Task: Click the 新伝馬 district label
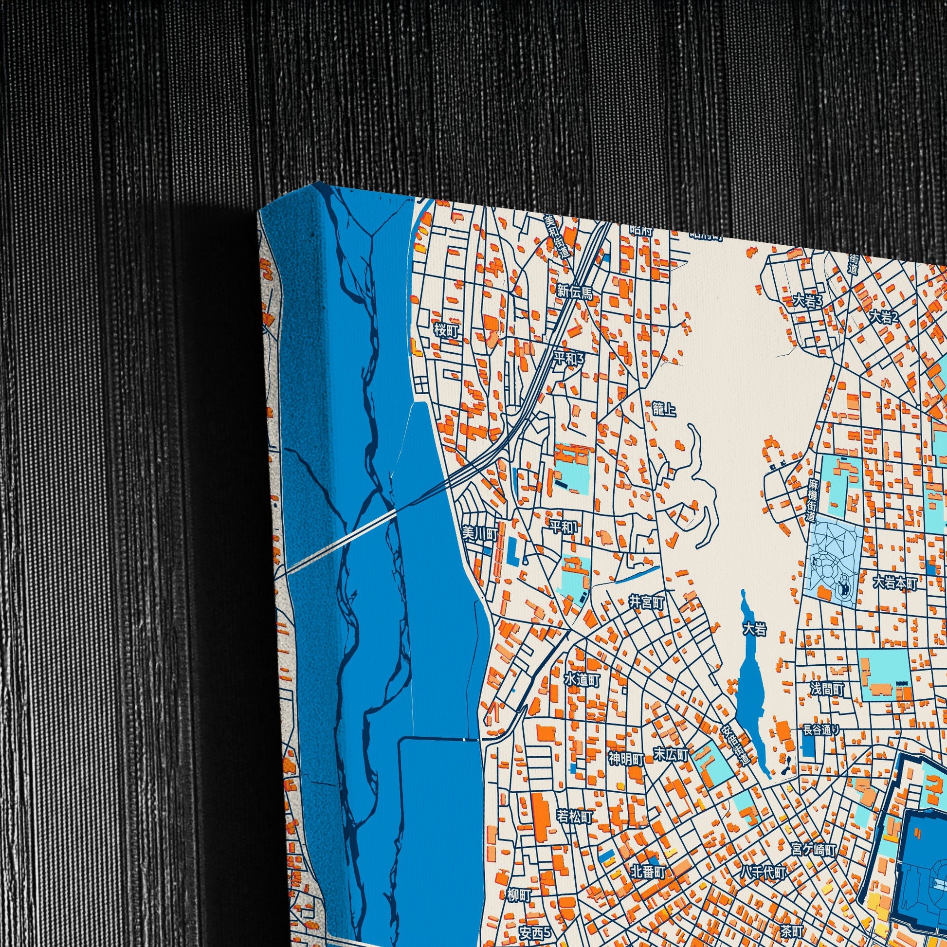coord(574,293)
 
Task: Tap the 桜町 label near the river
coord(446,331)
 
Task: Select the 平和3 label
coord(569,359)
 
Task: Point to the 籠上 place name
coord(664,409)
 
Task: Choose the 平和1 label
coord(563,528)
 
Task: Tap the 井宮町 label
coord(647,603)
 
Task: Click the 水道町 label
coord(583,679)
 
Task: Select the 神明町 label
coord(626,759)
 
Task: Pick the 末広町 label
coord(672,754)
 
